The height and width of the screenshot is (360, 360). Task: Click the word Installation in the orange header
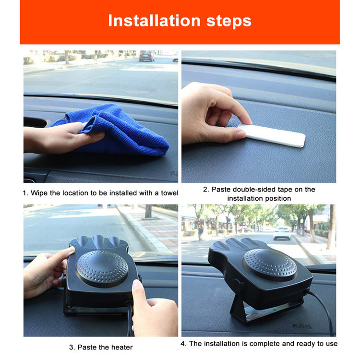pos(154,21)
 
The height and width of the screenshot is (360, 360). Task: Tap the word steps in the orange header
pos(229,22)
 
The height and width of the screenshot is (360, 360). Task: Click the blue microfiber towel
pos(115,130)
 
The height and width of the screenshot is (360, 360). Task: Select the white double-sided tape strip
pos(272,135)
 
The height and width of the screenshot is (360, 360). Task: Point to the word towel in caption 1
pos(169,193)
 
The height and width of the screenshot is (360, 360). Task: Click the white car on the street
pos(282,233)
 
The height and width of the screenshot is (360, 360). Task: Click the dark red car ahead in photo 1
pos(147,56)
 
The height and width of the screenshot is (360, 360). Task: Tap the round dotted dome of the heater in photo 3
pos(102,268)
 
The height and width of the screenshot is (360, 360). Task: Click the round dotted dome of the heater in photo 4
pos(270,264)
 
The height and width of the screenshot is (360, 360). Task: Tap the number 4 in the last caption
pos(183,344)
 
